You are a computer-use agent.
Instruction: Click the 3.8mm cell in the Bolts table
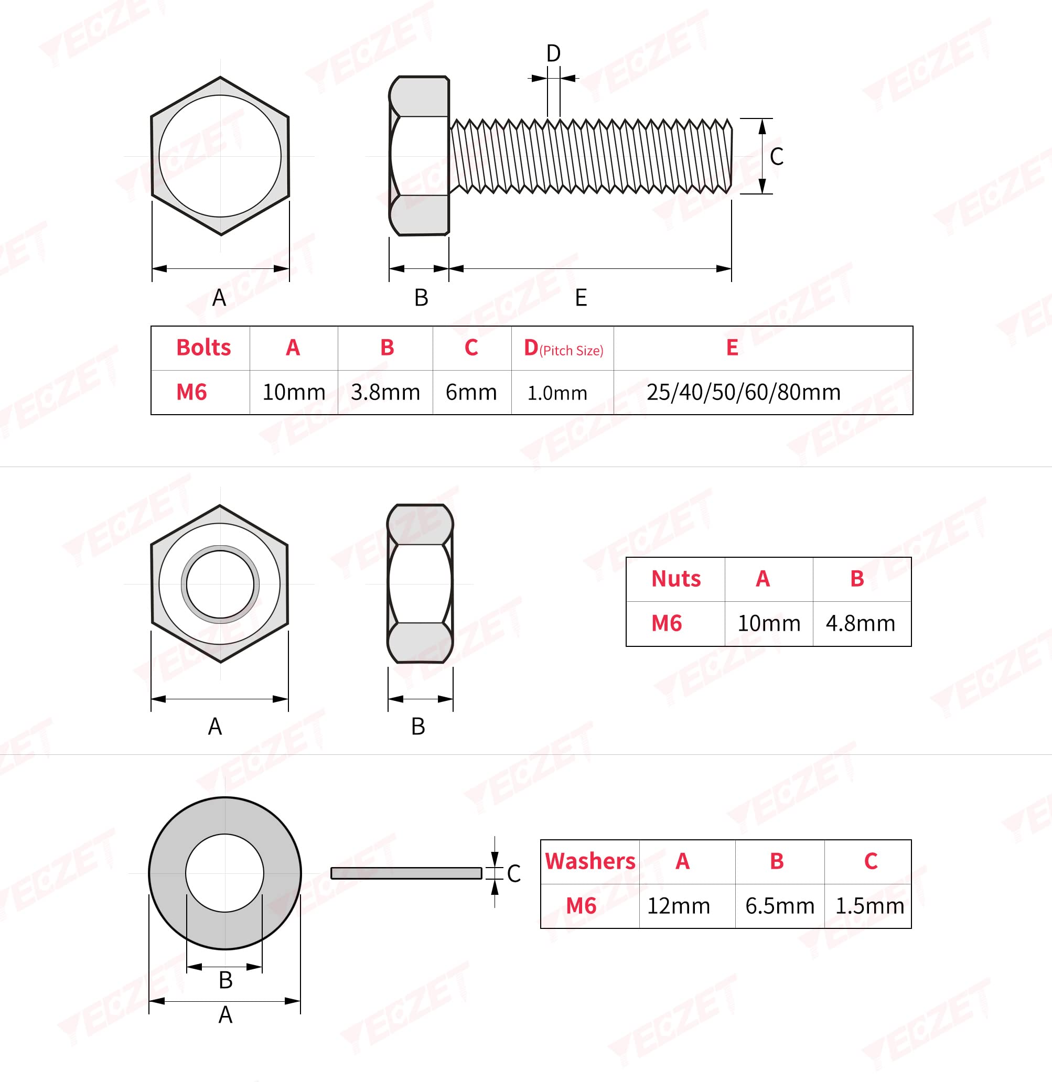pos(385,392)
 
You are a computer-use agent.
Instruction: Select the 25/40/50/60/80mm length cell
pos(744,392)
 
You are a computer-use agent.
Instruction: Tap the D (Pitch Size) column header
pos(564,348)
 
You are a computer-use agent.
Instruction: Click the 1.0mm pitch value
pos(557,393)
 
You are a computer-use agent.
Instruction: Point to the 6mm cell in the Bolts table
pos(471,392)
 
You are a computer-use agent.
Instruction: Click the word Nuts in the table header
pos(676,579)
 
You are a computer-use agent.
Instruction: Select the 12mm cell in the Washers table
pos(679,906)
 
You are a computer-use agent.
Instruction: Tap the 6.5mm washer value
pos(780,906)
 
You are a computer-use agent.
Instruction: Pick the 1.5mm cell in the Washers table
pos(869,906)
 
